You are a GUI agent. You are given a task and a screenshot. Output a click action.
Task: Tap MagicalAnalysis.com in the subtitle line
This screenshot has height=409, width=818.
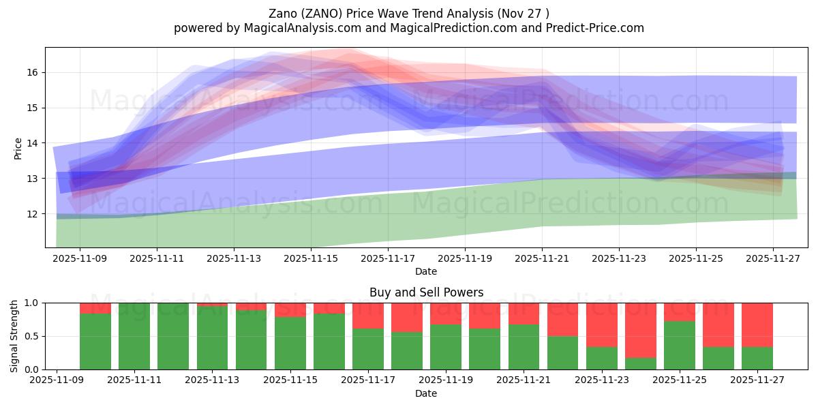coord(297,28)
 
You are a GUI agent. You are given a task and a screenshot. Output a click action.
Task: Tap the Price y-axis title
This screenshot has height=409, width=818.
coord(18,148)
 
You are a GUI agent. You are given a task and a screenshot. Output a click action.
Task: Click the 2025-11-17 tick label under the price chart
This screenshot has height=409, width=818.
coord(387,258)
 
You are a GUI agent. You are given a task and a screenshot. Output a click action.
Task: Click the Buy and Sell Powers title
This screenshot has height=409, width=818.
coord(426,292)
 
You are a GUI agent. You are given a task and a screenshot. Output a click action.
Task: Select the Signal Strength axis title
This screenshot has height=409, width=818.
coord(14,335)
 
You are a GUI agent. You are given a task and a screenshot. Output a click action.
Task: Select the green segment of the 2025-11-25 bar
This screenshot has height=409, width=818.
coord(679,346)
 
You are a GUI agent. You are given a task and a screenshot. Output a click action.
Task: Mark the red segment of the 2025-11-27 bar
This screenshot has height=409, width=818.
coord(757,325)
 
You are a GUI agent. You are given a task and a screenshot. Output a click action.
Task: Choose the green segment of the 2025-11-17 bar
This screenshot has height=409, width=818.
coord(367,349)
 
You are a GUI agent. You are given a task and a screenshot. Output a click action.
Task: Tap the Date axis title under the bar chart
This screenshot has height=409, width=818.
coord(426,393)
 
